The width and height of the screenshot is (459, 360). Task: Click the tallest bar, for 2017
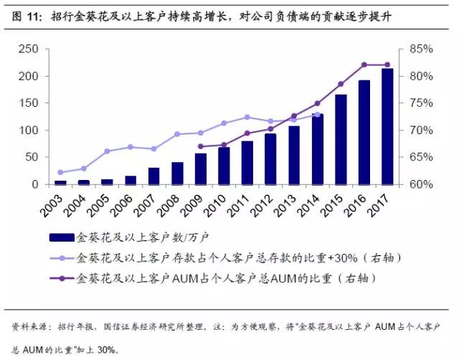[x=387, y=126]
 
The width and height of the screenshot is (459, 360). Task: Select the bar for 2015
[x=341, y=140]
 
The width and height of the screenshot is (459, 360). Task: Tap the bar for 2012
[x=270, y=159]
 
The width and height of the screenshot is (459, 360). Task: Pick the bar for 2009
[x=201, y=169]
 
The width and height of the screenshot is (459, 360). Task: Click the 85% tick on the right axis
[x=421, y=49]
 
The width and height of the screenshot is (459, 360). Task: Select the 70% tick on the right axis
[x=421, y=131]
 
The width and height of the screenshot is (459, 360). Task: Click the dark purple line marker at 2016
[x=364, y=65]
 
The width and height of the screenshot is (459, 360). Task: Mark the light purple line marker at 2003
[x=60, y=172]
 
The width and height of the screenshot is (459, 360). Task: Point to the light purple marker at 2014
[x=318, y=114]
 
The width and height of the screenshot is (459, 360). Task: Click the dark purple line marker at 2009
[x=201, y=146]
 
